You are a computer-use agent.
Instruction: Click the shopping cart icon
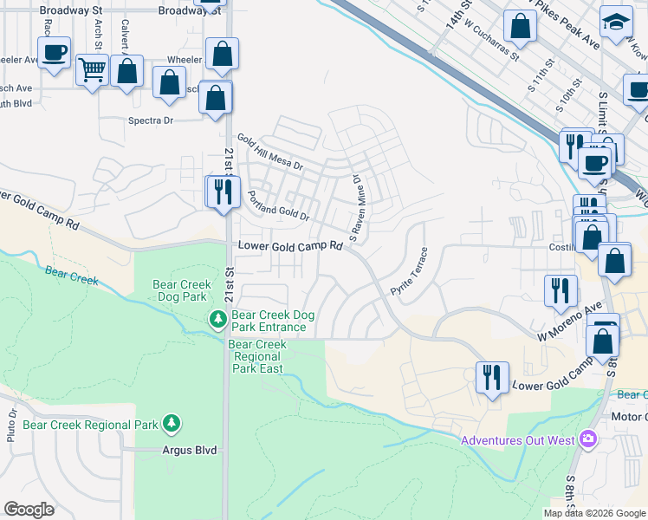(x=92, y=69)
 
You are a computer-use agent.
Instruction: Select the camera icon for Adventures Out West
(x=589, y=439)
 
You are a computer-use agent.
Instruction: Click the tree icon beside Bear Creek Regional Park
(x=173, y=424)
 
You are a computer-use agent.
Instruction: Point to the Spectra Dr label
(x=152, y=120)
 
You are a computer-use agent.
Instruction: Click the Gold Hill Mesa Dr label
(x=271, y=153)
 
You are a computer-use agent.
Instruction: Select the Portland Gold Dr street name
(x=278, y=205)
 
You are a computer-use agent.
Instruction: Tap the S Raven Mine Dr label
(x=355, y=208)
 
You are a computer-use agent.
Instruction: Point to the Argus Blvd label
(x=189, y=451)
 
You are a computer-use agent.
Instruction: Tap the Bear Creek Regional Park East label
(x=257, y=356)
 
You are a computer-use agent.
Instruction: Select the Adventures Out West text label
(x=517, y=440)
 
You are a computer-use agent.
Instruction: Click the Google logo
(x=28, y=509)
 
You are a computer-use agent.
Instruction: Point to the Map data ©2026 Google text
(x=594, y=512)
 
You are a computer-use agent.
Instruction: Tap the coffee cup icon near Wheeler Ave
(x=54, y=52)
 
